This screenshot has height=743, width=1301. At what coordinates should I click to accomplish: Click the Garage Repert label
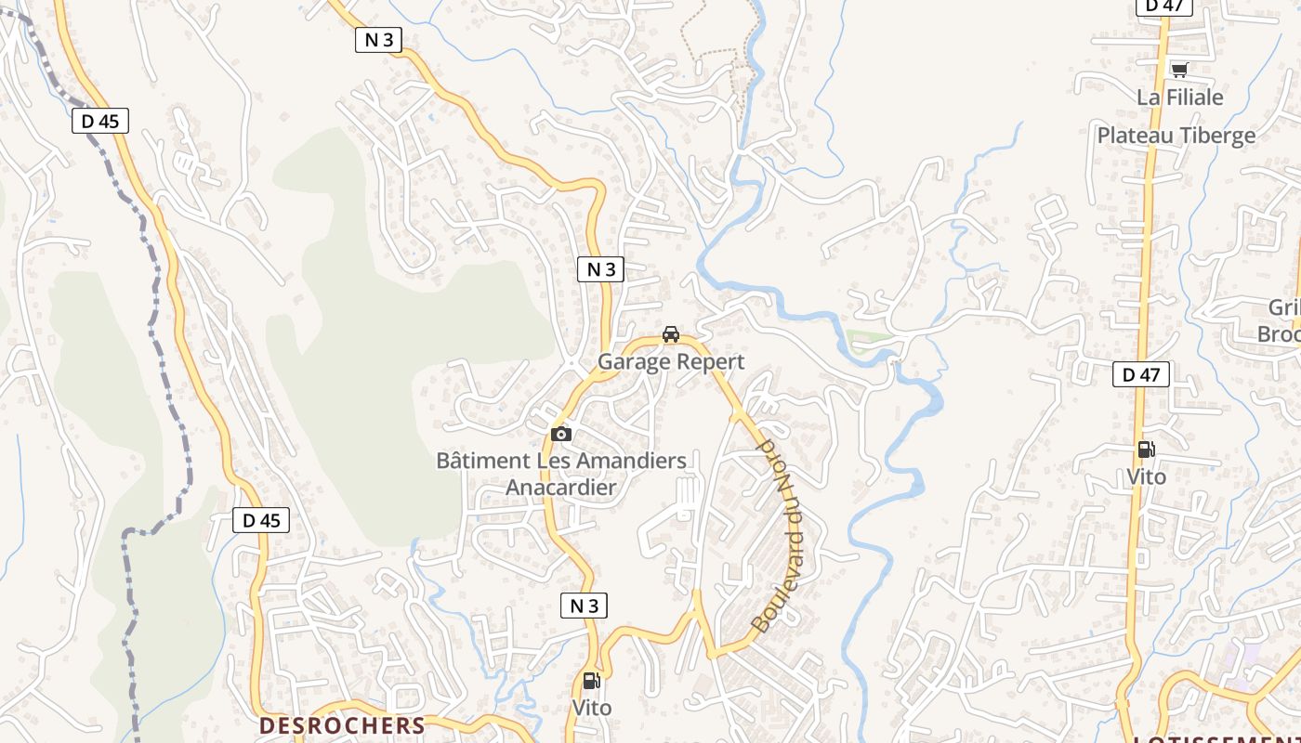point(671,361)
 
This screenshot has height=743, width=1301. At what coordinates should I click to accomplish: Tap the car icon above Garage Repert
point(671,334)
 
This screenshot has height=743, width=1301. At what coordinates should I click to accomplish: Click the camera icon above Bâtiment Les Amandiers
point(560,434)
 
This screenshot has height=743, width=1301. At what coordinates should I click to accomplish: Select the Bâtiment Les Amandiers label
point(561,461)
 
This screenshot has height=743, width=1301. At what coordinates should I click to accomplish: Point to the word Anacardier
point(561,487)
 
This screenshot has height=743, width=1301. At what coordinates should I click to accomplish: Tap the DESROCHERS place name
point(342,725)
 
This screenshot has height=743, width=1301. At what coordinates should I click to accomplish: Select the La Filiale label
point(1180,98)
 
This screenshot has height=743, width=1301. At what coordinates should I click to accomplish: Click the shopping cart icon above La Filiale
point(1179,70)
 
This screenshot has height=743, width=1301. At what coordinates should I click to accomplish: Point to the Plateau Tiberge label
point(1176,136)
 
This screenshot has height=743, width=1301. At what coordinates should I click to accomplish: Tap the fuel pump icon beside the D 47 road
point(1147,450)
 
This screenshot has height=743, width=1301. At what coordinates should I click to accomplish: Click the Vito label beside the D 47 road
point(1146,476)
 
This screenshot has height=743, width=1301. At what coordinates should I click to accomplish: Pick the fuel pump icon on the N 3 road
point(591,681)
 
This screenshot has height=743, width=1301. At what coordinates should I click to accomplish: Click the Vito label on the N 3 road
point(592,708)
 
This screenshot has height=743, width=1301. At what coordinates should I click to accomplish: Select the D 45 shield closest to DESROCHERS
point(261,520)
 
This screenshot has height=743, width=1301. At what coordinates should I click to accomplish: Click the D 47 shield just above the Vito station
point(1141,374)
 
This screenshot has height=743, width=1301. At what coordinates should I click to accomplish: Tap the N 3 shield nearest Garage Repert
point(600,269)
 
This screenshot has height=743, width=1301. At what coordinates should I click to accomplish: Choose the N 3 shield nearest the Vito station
point(584,606)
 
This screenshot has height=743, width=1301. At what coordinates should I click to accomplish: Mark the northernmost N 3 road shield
point(378,39)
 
